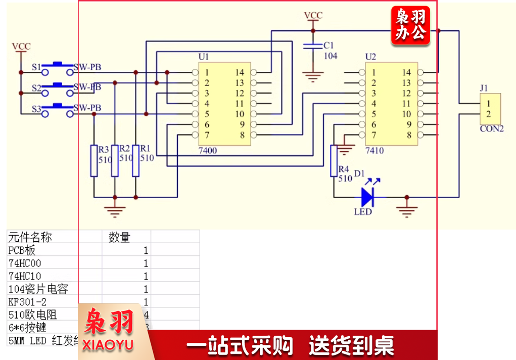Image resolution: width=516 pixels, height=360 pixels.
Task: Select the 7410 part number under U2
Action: click(374, 151)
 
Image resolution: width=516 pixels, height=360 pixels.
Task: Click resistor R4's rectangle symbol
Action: click(334, 161)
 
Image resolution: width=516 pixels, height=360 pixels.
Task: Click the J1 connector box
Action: click(489, 109)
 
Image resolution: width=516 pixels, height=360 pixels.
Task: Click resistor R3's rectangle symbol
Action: click(94, 161)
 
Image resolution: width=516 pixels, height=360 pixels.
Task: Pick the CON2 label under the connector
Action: click(492, 129)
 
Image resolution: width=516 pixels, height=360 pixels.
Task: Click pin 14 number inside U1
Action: click(240, 72)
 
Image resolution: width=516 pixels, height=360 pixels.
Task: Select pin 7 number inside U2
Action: click(373, 135)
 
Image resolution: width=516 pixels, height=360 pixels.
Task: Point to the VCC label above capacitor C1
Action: click(313, 16)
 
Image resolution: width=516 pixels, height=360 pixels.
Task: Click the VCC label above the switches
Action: click(21, 47)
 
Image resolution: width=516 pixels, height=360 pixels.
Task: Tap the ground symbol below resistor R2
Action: click(115, 211)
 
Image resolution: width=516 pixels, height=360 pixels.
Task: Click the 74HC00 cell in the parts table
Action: click(25, 263)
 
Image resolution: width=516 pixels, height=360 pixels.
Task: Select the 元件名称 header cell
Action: click(30, 237)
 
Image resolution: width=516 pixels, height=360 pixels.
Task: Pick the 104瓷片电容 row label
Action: click(38, 289)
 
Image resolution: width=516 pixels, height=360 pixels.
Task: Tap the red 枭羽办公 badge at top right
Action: click(411, 25)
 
